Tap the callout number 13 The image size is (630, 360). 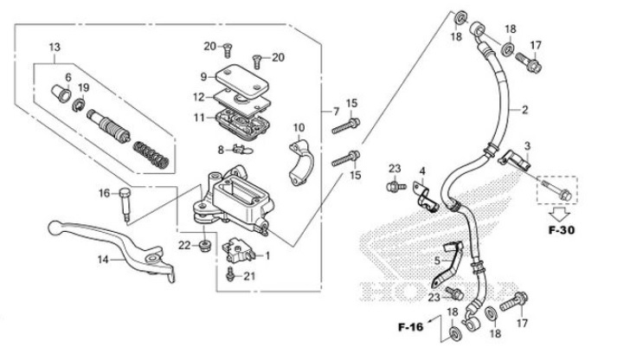click(54, 47)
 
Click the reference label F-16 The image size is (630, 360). click(413, 328)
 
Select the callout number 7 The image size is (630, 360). click(336, 112)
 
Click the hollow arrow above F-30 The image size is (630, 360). click(561, 211)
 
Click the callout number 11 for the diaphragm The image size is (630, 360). click(198, 117)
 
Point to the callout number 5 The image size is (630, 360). click(438, 260)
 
